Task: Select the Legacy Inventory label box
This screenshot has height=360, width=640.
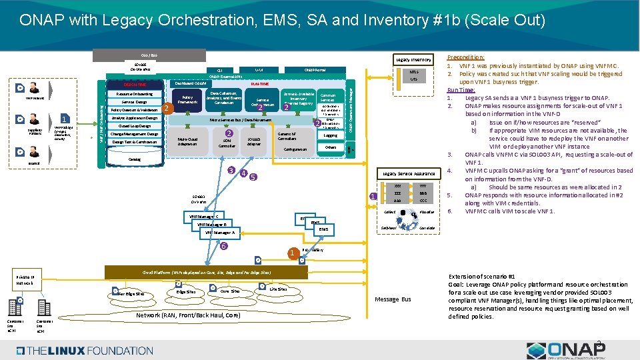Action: coord(413,60)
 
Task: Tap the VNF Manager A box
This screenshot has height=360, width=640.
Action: coord(219,233)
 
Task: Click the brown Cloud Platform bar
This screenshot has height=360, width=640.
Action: coord(207,273)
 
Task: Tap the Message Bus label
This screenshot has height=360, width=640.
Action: coord(393,299)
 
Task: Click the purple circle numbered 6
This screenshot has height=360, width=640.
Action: coord(224,246)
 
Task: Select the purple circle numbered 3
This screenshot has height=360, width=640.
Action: coord(231,171)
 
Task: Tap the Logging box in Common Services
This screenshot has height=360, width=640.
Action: coord(330,135)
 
